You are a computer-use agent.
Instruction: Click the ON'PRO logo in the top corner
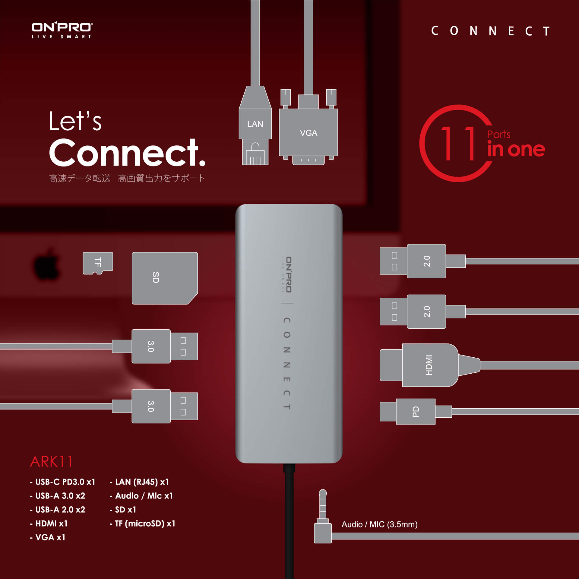[x=62, y=30]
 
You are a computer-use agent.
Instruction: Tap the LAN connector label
[x=255, y=124]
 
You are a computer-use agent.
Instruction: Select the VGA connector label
[x=308, y=133]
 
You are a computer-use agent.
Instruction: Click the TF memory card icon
[x=98, y=263]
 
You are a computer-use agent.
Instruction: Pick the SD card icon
[x=165, y=278]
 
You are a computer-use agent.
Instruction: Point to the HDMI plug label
[x=429, y=365]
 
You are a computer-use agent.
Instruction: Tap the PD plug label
[x=416, y=412]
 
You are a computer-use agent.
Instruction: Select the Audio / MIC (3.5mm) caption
[x=379, y=524]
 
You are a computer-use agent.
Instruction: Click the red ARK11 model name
[x=52, y=462]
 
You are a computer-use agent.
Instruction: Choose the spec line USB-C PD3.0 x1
[x=63, y=482]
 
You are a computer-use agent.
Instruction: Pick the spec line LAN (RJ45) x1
[x=139, y=482]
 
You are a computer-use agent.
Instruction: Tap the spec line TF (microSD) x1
[x=142, y=524]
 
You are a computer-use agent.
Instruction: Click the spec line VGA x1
[x=48, y=537]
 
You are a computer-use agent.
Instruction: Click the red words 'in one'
[x=516, y=149]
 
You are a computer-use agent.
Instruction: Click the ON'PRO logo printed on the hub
[x=287, y=274]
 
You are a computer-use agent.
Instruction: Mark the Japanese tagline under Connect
[x=127, y=178]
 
